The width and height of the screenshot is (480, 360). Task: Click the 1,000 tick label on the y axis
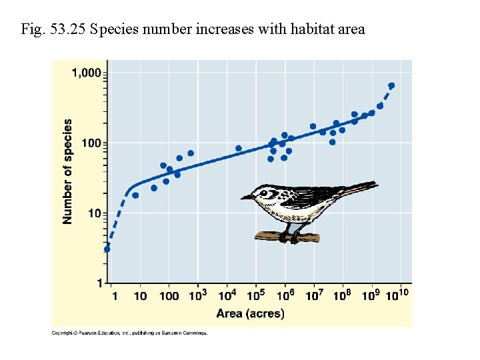(87, 73)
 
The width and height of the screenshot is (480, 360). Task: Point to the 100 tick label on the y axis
(91, 143)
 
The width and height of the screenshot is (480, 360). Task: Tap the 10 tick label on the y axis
(95, 213)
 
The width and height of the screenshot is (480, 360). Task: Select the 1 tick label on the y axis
(99, 283)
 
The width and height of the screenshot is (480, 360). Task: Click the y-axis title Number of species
(68, 171)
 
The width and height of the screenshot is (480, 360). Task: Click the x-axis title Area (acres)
(250, 313)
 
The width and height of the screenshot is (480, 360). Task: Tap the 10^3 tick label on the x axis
(198, 295)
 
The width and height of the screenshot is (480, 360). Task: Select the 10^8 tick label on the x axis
(343, 295)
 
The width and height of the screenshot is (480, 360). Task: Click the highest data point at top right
(391, 85)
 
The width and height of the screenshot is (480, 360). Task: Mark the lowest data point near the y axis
(107, 249)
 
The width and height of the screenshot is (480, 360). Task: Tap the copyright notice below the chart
(130, 333)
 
